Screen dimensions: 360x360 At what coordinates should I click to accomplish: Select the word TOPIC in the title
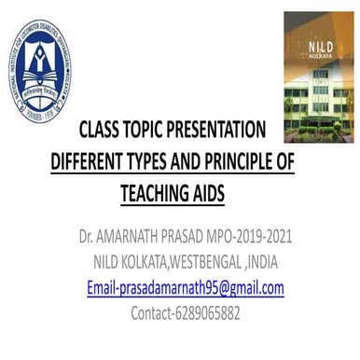click(x=152, y=130)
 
